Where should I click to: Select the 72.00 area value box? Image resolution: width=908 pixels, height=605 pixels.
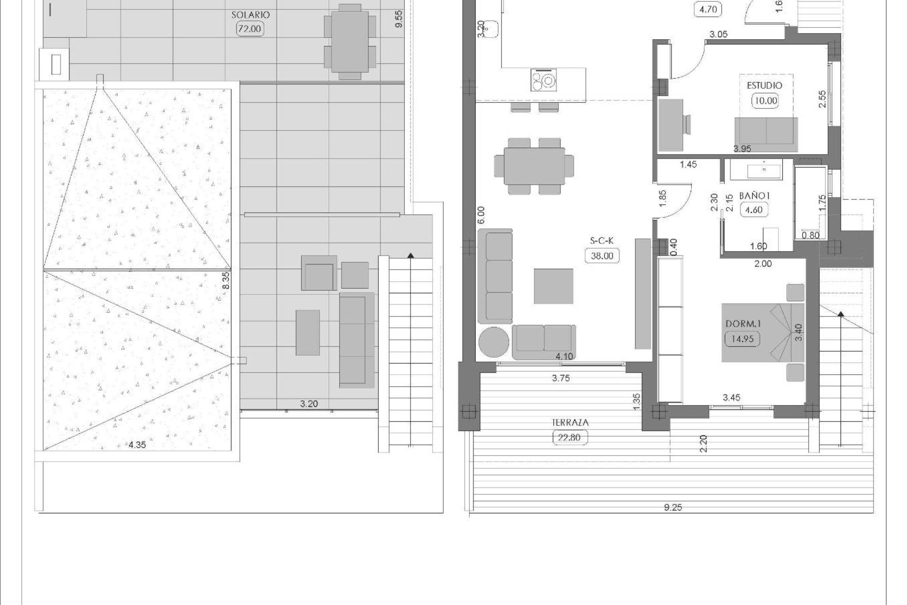pos(250,29)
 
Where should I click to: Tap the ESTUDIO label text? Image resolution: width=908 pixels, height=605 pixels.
pos(764,86)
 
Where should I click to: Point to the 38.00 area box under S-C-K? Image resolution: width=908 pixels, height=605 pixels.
pos(602,256)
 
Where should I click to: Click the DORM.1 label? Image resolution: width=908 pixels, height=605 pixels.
pos(742,324)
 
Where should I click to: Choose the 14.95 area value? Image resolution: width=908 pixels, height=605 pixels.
pos(742,339)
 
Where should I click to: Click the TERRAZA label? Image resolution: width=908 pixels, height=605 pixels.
pos(570,423)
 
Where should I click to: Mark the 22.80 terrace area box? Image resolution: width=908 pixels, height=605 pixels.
pos(569,438)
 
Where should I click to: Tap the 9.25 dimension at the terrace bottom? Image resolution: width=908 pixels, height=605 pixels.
pos(672,508)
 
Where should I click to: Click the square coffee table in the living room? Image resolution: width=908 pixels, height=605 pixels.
pos(553,286)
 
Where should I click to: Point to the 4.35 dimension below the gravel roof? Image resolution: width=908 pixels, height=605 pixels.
pos(137,444)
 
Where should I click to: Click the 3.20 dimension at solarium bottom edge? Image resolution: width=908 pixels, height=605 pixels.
pos(309,404)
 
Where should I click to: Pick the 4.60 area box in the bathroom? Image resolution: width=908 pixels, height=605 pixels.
pos(753,210)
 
